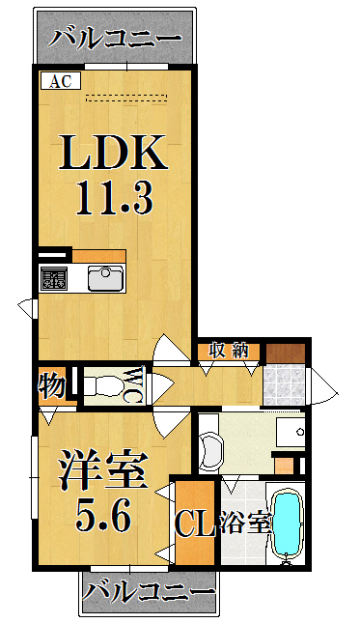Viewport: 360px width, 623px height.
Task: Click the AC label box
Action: pos(61,81)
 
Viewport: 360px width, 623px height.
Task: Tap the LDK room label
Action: pos(113,152)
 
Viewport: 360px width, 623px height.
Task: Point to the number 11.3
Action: pos(114,197)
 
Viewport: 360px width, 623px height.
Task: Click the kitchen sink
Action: pos(105,278)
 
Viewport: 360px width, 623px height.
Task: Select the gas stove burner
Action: pos(54,278)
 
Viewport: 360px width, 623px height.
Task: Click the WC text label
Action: pos(136,385)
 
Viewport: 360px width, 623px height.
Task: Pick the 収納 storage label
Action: pos(229,352)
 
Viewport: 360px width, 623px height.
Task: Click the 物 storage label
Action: pos(52,385)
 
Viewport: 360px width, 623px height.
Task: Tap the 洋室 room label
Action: pos(103,470)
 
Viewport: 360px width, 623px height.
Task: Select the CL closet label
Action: pos(195,524)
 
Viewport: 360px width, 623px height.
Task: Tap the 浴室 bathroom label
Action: pos(245,523)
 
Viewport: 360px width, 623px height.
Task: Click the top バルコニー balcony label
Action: pos(115,39)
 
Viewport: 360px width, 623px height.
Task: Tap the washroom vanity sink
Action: pos(291,432)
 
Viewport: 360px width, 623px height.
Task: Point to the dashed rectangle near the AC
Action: pos(126,98)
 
